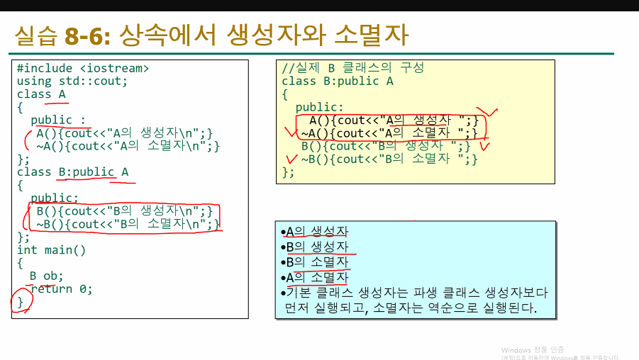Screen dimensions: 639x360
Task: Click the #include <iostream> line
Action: tap(83, 69)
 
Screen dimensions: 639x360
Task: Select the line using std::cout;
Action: tap(72, 81)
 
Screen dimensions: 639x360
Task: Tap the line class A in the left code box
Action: tap(41, 94)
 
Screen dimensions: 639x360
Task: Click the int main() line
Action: tap(51, 250)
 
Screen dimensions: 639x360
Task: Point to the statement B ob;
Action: tap(46, 276)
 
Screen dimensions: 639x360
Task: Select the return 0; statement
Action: tap(61, 289)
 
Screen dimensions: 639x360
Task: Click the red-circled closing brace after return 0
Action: tap(21, 302)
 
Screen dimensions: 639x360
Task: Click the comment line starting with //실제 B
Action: tap(352, 68)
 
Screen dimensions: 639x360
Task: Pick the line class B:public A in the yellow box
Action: tap(337, 81)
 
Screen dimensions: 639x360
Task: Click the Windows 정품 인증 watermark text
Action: tap(533, 350)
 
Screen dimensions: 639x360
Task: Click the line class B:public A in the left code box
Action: tap(72, 172)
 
